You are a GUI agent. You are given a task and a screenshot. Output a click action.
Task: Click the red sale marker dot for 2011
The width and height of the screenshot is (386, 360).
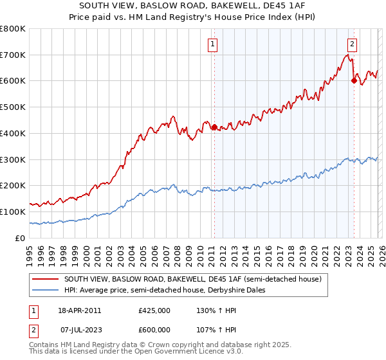coord(214,127)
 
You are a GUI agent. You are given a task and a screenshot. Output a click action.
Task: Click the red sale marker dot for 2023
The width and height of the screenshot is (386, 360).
coord(353,80)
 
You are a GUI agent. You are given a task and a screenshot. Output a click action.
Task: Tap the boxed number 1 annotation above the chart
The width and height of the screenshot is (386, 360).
coord(212,44)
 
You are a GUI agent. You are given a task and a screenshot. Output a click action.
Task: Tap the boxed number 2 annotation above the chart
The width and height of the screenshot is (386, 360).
coord(353,44)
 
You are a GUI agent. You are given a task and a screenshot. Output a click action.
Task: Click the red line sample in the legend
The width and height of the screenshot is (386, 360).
coord(46,279)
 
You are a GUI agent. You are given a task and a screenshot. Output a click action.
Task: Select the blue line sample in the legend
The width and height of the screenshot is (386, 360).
coord(46,290)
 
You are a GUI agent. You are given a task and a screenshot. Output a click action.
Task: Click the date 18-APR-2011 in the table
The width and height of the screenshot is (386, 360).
coord(79,310)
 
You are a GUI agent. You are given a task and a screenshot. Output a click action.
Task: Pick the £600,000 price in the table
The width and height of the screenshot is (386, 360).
coord(154,330)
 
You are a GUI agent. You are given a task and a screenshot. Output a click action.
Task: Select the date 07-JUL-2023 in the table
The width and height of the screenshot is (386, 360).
coord(79,330)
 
